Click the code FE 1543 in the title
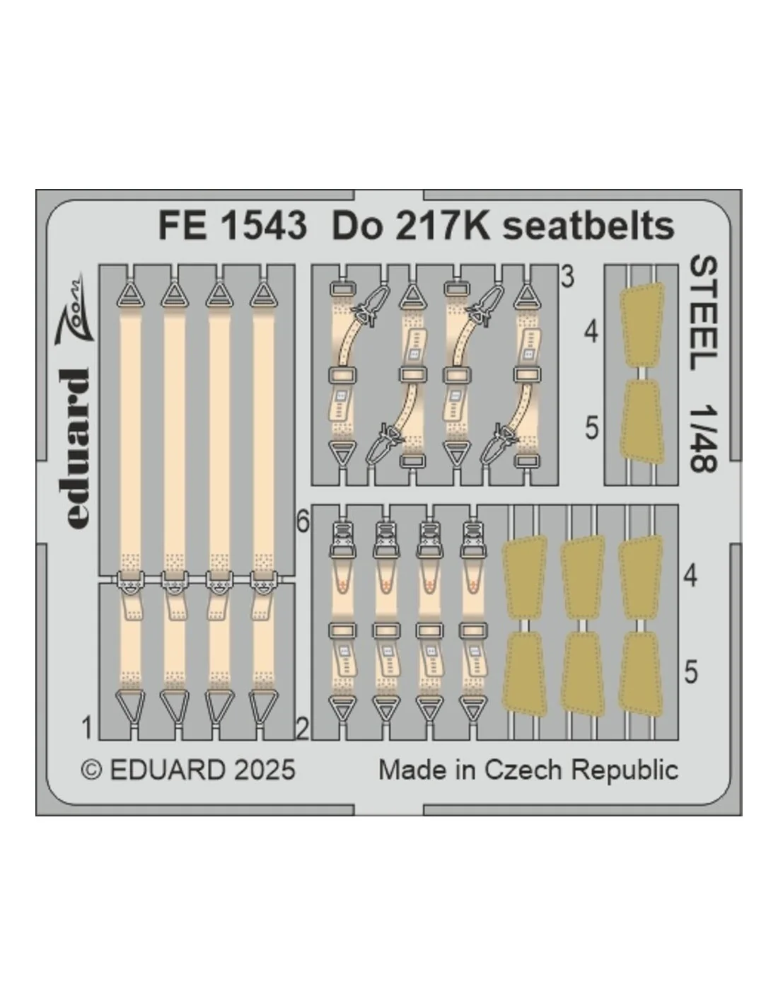click(x=232, y=226)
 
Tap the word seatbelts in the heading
click(x=588, y=226)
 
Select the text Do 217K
click(x=411, y=226)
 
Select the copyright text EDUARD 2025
click(x=202, y=770)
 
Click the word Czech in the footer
click(x=526, y=770)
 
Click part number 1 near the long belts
click(x=86, y=727)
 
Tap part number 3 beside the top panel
click(x=567, y=277)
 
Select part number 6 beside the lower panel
click(x=303, y=523)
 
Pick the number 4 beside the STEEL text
click(x=591, y=333)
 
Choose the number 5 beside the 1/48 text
click(x=591, y=428)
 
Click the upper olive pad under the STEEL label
click(x=642, y=325)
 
